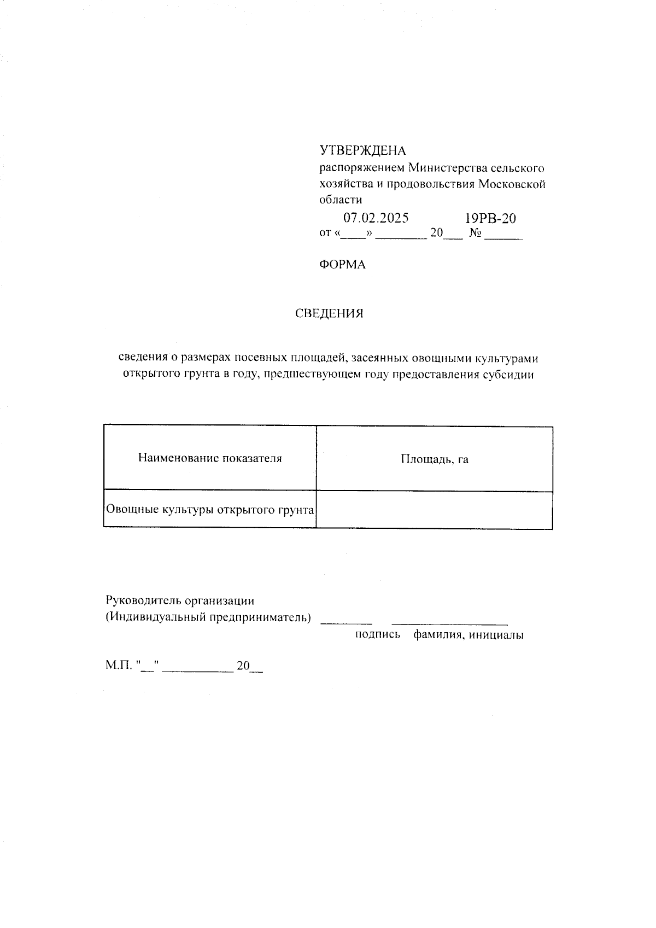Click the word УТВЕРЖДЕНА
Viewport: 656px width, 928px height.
(362, 150)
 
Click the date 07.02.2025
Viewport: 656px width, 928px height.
(376, 218)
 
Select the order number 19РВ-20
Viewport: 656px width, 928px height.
(490, 219)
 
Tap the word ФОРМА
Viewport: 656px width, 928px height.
(342, 265)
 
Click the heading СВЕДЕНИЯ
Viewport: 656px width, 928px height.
(329, 314)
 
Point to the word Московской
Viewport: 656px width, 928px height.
(512, 184)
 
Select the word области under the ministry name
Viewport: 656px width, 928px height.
(340, 200)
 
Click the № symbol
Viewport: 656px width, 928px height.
(475, 234)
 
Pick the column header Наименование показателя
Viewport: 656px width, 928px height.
(210, 458)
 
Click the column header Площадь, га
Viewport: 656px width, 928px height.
(435, 459)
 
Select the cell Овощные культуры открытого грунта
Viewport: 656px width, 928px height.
(210, 510)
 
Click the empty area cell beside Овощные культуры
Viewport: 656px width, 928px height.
(435, 510)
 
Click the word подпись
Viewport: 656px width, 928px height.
(378, 635)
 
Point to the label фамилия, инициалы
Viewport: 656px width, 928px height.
(468, 635)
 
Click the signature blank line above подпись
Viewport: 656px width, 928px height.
(346, 622)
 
